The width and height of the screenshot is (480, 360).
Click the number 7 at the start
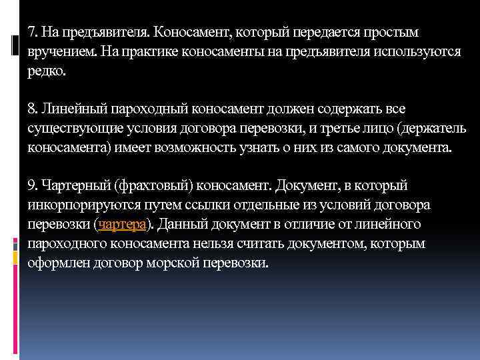click(x=31, y=32)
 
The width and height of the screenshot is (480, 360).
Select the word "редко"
click(x=46, y=72)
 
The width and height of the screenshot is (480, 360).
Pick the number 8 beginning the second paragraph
click(x=31, y=108)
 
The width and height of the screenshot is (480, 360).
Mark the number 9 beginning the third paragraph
click(x=31, y=183)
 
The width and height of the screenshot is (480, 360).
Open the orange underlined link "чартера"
click(x=119, y=223)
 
